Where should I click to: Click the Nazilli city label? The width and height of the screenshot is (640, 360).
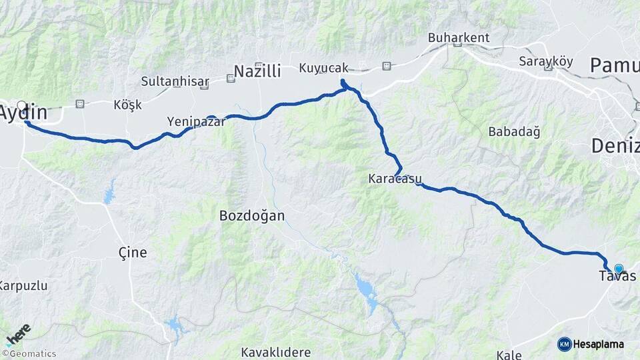(x=257, y=71)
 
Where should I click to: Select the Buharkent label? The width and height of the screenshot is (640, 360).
(x=459, y=38)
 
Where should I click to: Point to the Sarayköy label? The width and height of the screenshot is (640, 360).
(x=545, y=61)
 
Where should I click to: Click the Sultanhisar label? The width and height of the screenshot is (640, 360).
(x=175, y=81)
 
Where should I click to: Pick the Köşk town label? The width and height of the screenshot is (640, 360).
(x=128, y=105)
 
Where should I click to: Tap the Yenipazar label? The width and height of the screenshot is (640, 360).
(x=196, y=121)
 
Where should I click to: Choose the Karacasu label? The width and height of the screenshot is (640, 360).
(x=392, y=179)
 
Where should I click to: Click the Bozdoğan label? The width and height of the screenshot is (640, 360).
(x=252, y=215)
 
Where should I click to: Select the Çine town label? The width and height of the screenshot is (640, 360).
(x=132, y=253)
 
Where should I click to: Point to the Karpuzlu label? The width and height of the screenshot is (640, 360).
(x=23, y=285)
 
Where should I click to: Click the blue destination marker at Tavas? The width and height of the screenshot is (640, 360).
(x=619, y=269)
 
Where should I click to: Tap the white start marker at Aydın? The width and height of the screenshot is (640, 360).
(x=22, y=105)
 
